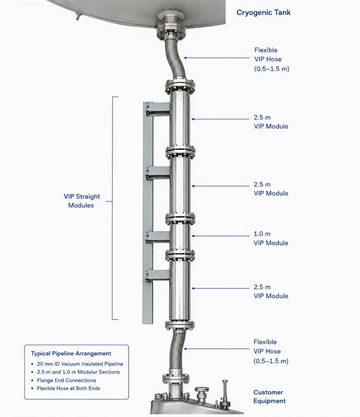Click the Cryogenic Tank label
point(263,13)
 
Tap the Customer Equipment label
point(269,397)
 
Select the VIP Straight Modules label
point(81,201)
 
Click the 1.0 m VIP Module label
point(271,238)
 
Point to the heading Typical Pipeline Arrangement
point(71,353)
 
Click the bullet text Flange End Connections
point(66,380)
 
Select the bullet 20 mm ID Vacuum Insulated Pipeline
point(80,364)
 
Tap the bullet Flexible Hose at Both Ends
point(68,388)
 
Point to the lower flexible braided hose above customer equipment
point(178,351)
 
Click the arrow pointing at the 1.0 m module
point(221,236)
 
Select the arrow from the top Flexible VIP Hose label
point(217,58)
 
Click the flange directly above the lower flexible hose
point(180,325)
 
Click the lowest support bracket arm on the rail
point(158,275)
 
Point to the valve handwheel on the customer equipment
point(200,389)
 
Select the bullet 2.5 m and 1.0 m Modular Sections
point(78,372)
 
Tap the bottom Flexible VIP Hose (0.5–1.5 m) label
point(271,351)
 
